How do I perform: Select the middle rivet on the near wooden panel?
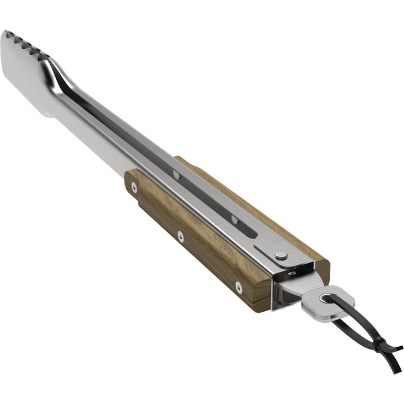(180, 236)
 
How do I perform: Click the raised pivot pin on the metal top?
(281, 254)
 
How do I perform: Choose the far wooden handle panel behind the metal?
(240, 202)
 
